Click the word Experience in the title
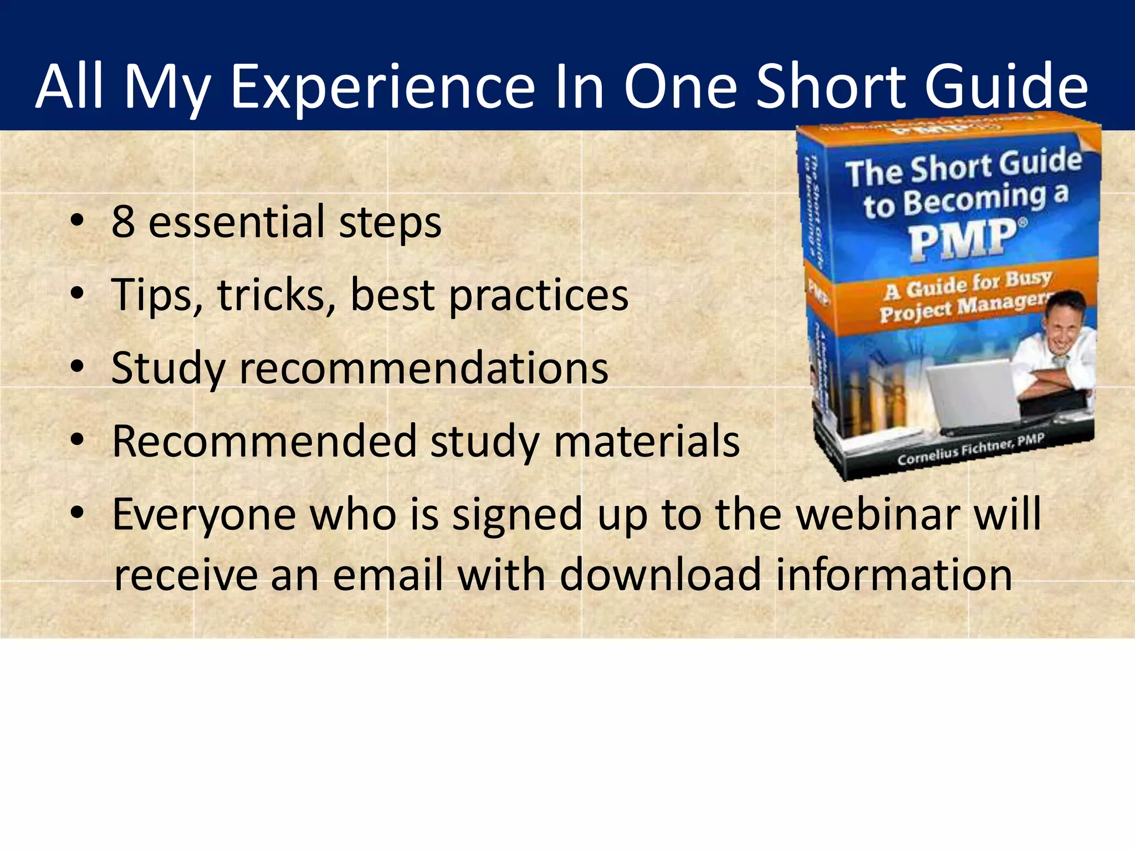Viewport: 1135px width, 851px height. pos(382,87)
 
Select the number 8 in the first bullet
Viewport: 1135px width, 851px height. pos(123,222)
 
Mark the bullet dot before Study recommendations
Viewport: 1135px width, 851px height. pos(78,367)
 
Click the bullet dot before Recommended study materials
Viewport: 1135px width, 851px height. pos(78,440)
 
